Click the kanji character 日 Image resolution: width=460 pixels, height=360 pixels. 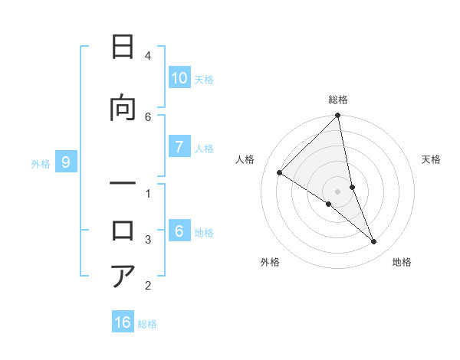point(123,47)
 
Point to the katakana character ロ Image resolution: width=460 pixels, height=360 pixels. point(123,231)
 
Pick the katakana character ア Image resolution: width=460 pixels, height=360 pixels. point(123,277)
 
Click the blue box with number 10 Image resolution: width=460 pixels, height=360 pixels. point(179,78)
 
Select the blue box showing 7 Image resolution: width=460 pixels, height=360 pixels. point(179,148)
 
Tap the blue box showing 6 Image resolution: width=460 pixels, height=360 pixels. point(179,232)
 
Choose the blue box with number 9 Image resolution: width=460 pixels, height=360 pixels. point(66,162)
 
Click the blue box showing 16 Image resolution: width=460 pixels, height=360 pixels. point(123,322)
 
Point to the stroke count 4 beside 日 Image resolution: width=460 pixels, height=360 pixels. point(148,56)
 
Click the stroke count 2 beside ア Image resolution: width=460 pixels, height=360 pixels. point(148,286)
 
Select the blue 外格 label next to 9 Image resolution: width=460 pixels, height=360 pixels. point(41,163)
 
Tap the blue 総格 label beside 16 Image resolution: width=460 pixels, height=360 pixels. point(147,324)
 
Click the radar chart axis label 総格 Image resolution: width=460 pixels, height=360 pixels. point(338,100)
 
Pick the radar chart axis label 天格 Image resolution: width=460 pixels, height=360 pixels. point(432,159)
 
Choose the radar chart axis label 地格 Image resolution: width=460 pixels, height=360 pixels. point(402,263)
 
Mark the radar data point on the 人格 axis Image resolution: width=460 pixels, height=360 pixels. point(280,172)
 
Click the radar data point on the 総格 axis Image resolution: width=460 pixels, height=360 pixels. point(338,116)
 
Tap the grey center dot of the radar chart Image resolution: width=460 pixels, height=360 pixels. point(338,191)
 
